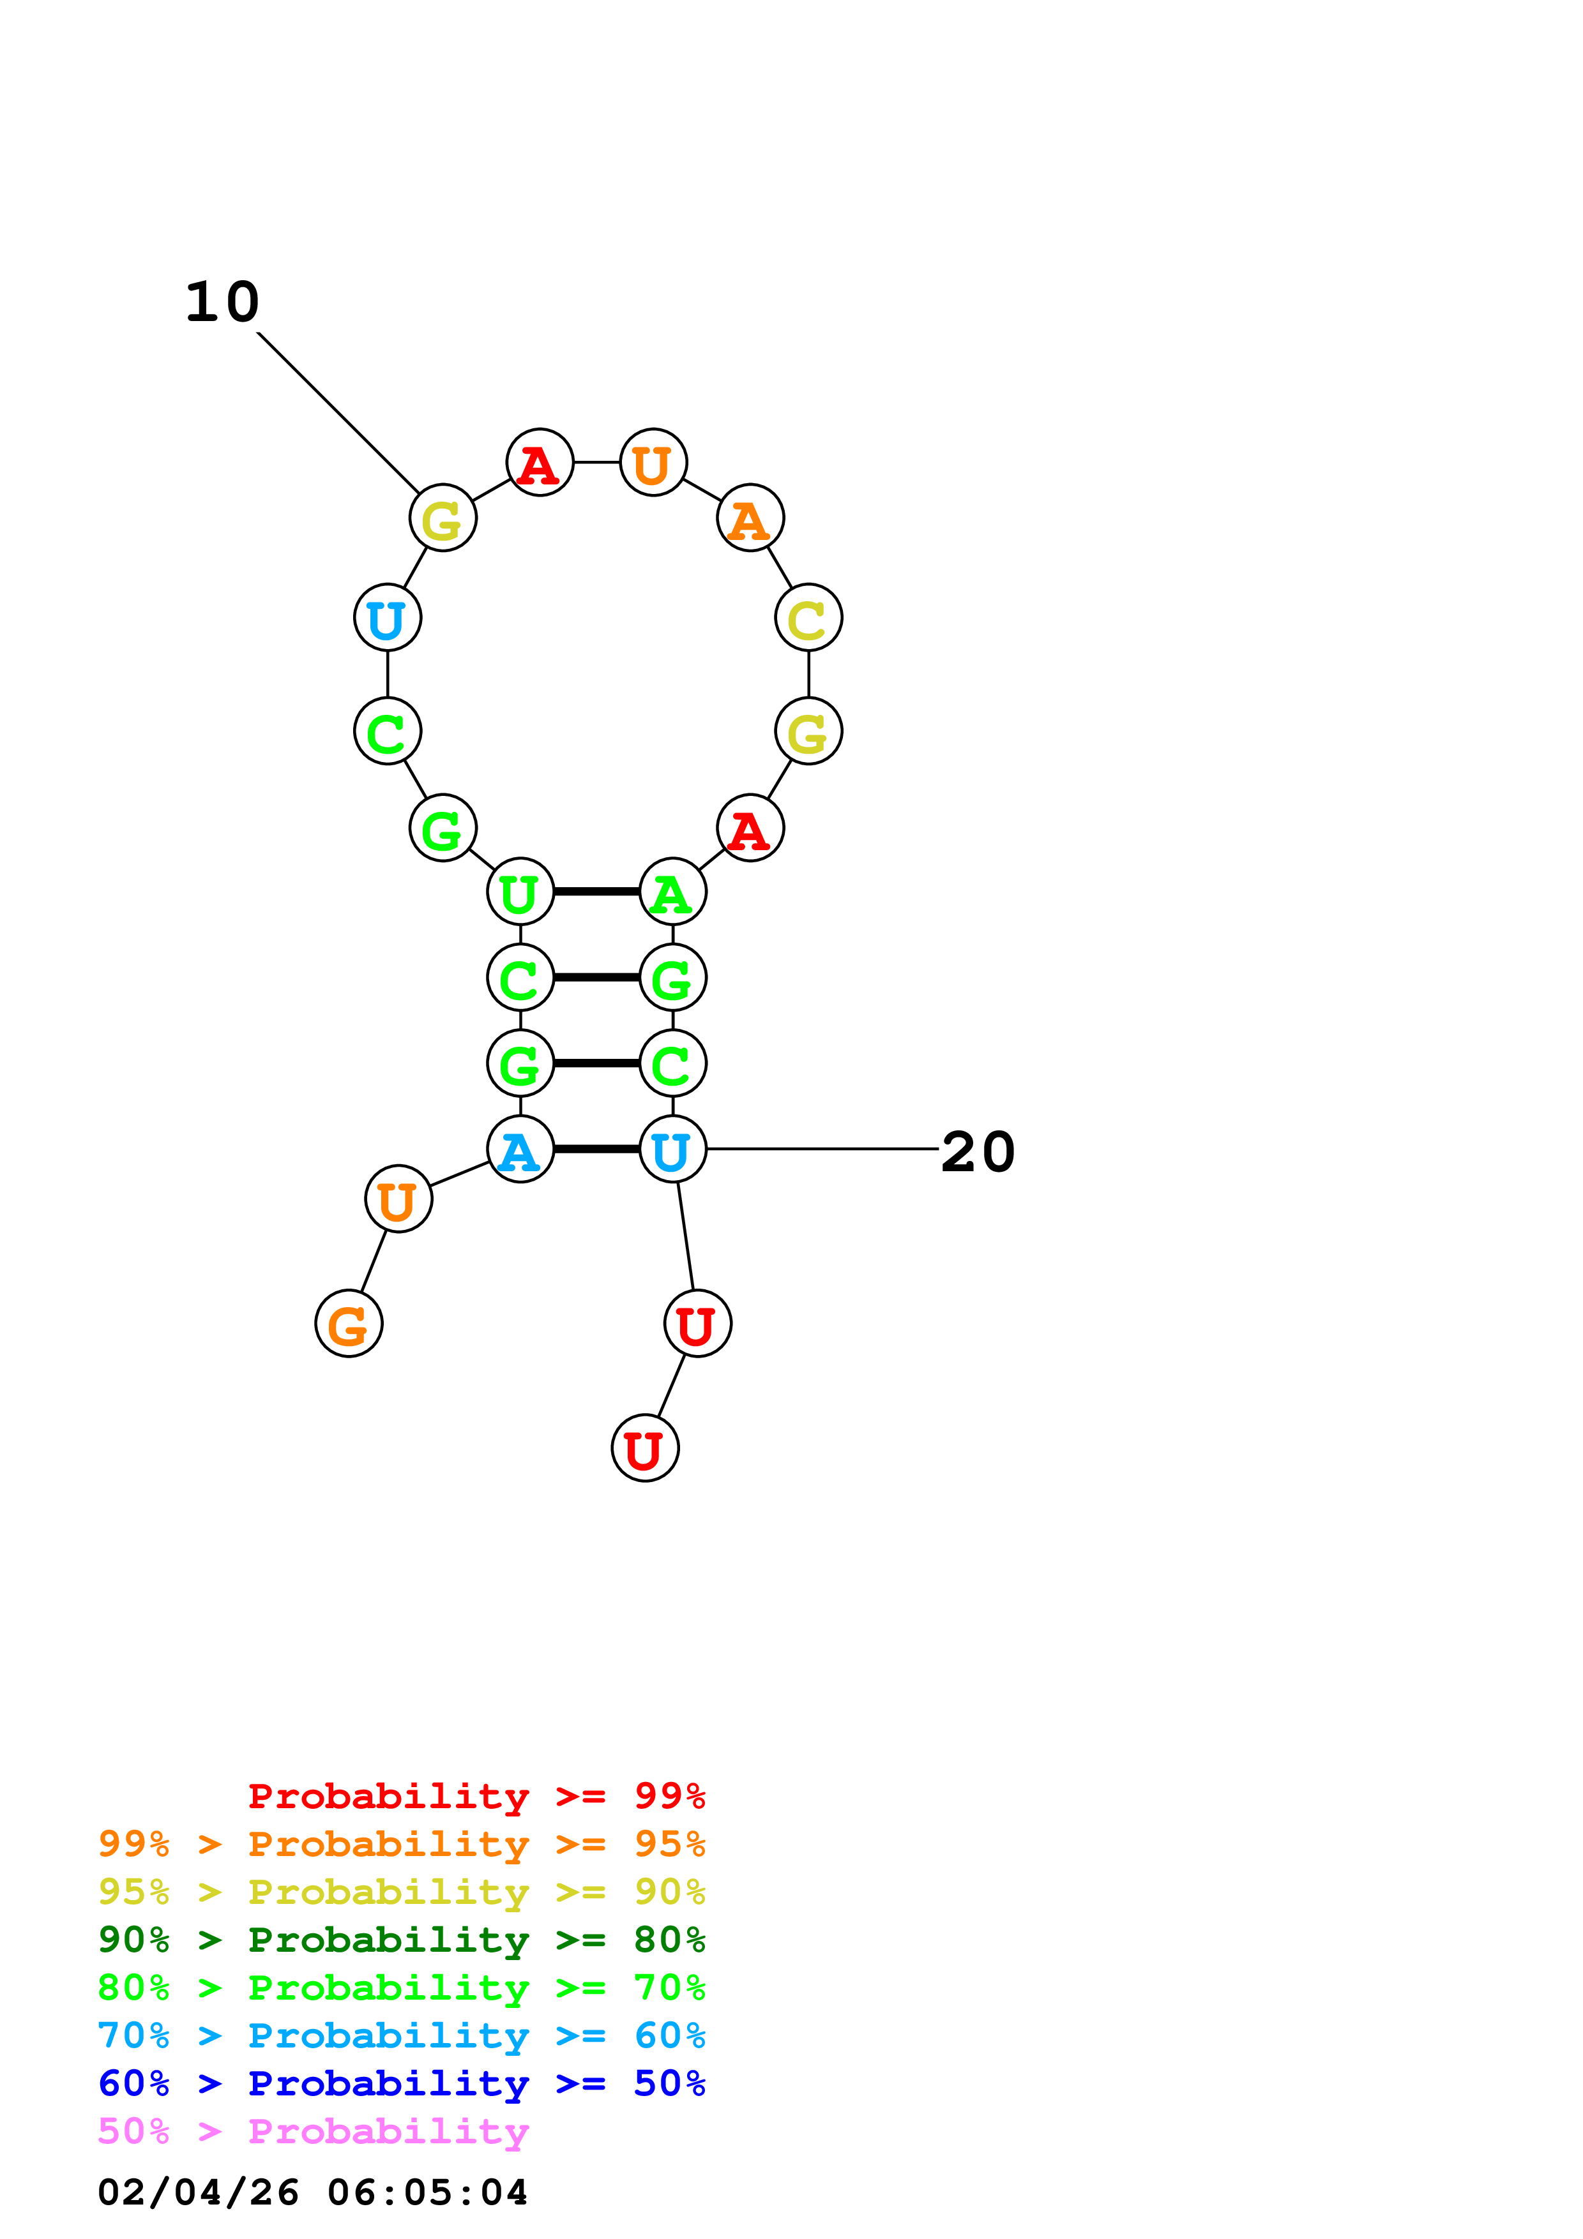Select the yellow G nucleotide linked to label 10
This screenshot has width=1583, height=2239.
point(443,518)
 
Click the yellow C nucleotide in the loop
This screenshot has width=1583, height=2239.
point(808,618)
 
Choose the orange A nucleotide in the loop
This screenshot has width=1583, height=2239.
point(750,518)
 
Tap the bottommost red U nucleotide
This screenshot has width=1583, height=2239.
point(645,1449)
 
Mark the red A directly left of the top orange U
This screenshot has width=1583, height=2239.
point(540,462)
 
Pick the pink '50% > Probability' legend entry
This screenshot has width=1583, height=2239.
point(313,2132)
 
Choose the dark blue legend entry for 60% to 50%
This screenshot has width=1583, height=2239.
point(401,2084)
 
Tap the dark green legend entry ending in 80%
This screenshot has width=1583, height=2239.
point(401,1940)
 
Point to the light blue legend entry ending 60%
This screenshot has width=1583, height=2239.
point(401,2036)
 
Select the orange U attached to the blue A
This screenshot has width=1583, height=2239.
point(398,1199)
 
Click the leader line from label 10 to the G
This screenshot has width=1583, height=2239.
point(338,412)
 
